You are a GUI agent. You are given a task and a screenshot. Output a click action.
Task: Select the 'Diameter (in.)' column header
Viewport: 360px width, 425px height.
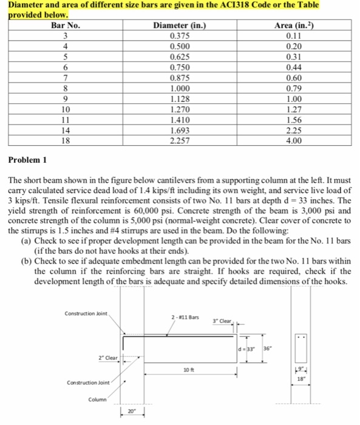click(x=180, y=25)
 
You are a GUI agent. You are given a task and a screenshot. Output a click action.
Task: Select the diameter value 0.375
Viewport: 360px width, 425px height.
click(x=180, y=36)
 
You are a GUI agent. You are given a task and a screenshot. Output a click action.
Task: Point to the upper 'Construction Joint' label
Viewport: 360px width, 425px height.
click(x=85, y=313)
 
